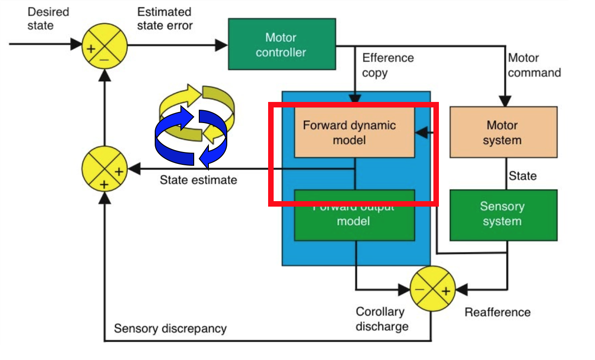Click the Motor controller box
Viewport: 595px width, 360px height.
281,45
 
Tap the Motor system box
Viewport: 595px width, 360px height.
503,132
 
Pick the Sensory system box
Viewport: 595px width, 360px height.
503,214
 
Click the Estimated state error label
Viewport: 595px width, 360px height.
165,18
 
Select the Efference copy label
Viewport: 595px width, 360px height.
387,65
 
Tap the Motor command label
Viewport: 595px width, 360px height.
534,65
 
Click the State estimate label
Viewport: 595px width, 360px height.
198,180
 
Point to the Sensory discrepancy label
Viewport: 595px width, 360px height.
170,329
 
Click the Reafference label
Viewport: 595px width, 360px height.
497,313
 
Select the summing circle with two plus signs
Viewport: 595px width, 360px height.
104,169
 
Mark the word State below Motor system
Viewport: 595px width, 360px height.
522,176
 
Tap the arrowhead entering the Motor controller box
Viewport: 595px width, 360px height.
222,45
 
